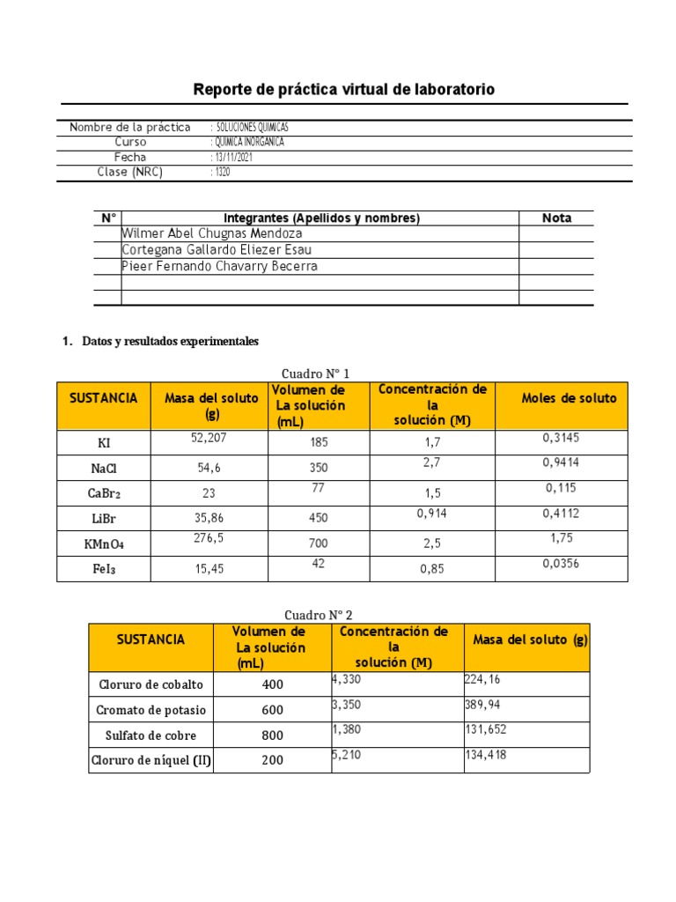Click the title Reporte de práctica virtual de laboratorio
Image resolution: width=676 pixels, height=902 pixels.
[344, 90]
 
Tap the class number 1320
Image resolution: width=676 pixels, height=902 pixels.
[221, 172]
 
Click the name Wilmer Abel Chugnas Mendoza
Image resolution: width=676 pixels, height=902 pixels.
[212, 233]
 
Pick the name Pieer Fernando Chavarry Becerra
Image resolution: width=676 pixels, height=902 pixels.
[220, 266]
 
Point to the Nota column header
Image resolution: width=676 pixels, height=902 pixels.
[556, 218]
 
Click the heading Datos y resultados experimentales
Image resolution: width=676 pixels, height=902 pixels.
[170, 341]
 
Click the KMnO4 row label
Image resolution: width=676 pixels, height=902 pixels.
[104, 544]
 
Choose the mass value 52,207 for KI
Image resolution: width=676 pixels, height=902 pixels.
[209, 437]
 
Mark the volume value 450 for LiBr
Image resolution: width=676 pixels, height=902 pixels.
[319, 519]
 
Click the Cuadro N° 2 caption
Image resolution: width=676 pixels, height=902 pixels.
[319, 615]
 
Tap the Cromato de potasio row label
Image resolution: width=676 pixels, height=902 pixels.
[150, 710]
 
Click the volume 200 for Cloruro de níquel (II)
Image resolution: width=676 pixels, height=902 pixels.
[273, 761]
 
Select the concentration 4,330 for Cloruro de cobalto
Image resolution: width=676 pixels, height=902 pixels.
[347, 679]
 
